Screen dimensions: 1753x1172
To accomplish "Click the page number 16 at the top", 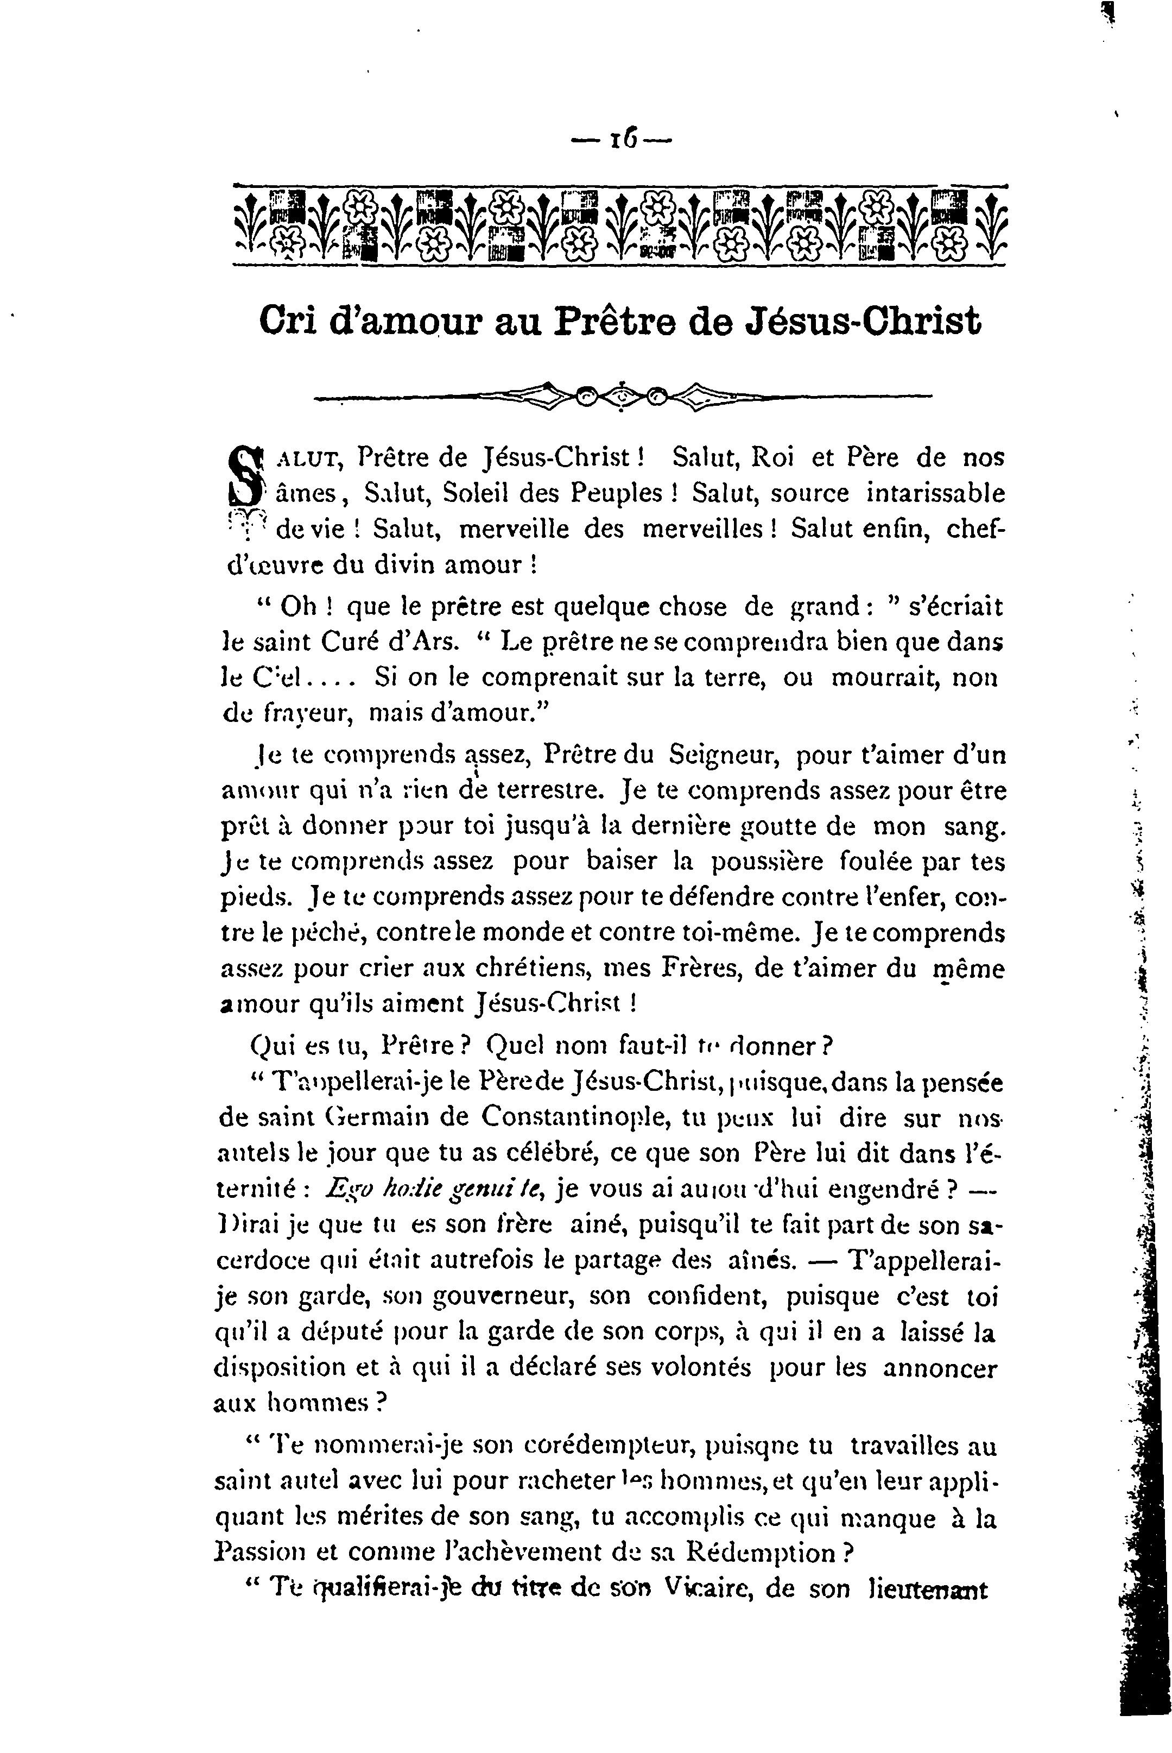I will [623, 139].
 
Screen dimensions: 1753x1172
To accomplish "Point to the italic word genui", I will [444, 1189].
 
